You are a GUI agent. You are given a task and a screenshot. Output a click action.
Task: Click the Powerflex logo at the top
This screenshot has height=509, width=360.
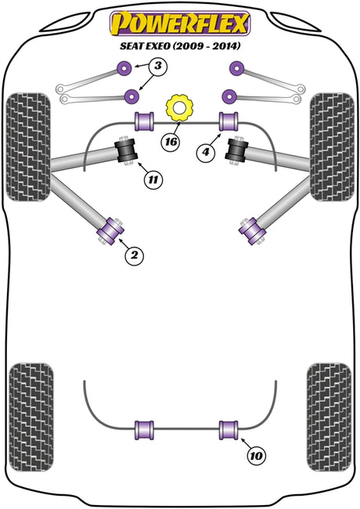pyautogui.click(x=180, y=23)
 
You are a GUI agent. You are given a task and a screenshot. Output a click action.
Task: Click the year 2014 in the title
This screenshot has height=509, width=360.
pyautogui.click(x=226, y=46)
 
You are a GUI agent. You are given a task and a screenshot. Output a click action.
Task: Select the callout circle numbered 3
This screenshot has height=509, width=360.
pyautogui.click(x=157, y=67)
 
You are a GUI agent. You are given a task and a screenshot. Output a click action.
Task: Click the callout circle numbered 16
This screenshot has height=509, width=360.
pyautogui.click(x=171, y=142)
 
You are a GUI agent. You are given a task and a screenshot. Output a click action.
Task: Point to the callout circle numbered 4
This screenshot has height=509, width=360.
pyautogui.click(x=206, y=152)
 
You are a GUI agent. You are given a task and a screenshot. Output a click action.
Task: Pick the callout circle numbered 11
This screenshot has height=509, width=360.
pyautogui.click(x=153, y=179)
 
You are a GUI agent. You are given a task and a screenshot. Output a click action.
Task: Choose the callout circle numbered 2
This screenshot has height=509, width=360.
pyautogui.click(x=134, y=255)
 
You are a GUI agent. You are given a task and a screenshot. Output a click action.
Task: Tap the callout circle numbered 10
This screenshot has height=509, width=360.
pyautogui.click(x=256, y=456)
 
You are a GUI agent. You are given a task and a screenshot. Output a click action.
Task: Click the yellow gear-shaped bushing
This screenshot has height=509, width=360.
pyautogui.click(x=179, y=107)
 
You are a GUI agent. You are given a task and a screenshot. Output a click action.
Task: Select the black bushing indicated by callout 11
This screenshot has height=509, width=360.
pyautogui.click(x=127, y=150)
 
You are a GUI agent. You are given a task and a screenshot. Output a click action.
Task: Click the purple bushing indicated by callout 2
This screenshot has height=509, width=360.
pyautogui.click(x=110, y=231)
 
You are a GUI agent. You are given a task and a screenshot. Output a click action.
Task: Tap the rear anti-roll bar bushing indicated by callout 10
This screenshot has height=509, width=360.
pyautogui.click(x=229, y=430)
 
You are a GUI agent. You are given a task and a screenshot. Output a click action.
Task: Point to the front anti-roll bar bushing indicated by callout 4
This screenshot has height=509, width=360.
pyautogui.click(x=229, y=121)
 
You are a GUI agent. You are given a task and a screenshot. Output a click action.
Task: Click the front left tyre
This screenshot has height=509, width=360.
pyautogui.click(x=28, y=146)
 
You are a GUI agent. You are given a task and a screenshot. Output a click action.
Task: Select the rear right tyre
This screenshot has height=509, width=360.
pyautogui.click(x=329, y=417)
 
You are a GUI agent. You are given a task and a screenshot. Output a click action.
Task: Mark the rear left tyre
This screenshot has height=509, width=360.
pyautogui.click(x=31, y=417)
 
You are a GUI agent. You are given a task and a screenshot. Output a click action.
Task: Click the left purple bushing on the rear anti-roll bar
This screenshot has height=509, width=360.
pyautogui.click(x=144, y=430)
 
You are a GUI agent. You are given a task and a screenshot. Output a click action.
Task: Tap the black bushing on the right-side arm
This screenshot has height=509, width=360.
pyautogui.click(x=237, y=150)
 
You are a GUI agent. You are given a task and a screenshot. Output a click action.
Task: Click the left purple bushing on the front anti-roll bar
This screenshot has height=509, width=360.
pyautogui.click(x=144, y=121)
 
